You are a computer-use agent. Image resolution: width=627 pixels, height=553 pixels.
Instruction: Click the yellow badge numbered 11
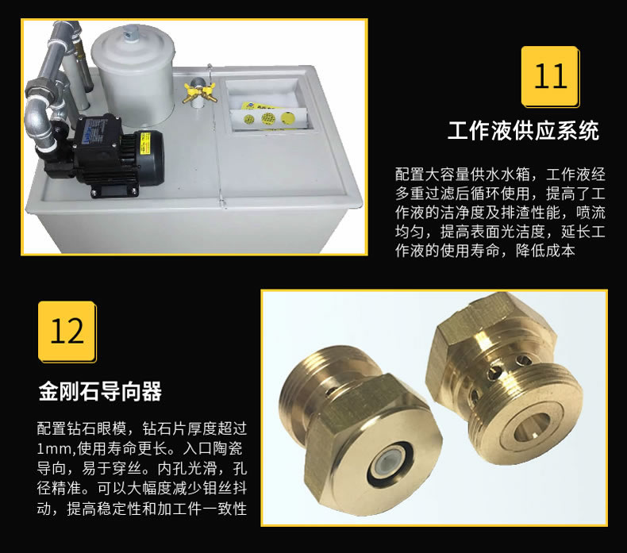click(550, 76)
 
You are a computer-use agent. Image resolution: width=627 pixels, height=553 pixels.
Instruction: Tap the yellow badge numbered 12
click(67, 332)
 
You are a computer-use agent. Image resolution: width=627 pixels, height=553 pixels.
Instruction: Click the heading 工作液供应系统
click(524, 130)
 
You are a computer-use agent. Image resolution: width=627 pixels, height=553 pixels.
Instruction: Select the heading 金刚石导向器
click(100, 391)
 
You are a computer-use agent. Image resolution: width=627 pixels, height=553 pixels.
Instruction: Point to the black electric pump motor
click(118, 154)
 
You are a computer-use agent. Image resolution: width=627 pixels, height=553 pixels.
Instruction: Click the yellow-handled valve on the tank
click(200, 93)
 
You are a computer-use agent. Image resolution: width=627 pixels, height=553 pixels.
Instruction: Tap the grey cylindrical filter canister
click(133, 74)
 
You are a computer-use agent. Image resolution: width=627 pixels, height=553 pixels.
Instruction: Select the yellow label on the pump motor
click(145, 142)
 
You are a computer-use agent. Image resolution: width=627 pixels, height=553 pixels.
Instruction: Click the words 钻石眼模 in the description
click(97, 428)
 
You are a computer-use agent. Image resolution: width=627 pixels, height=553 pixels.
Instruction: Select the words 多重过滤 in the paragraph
click(425, 194)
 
